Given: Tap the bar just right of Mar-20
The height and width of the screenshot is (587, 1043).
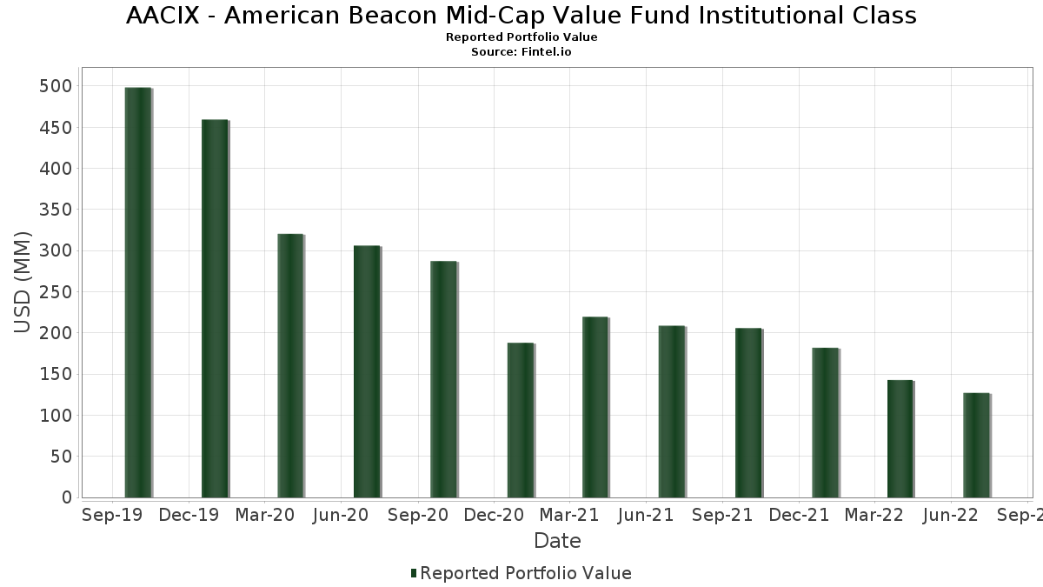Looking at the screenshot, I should pyautogui.click(x=290, y=365).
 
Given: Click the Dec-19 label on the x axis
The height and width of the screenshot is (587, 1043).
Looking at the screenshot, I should pyautogui.click(x=188, y=515).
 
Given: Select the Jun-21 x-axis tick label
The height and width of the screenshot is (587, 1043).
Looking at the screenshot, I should pyautogui.click(x=646, y=515).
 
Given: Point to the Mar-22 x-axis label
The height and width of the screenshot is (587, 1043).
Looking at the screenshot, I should pyautogui.click(x=874, y=515).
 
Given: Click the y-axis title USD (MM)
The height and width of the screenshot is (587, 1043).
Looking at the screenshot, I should pyautogui.click(x=23, y=282).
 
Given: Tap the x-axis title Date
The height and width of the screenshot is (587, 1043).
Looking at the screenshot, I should pyautogui.click(x=557, y=541).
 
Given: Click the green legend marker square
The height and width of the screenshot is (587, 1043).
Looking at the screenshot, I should pyautogui.click(x=414, y=573).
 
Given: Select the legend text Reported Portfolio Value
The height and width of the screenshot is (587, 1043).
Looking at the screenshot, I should pyautogui.click(x=526, y=573).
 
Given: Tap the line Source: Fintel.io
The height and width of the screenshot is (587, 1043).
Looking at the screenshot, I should pyautogui.click(x=521, y=52).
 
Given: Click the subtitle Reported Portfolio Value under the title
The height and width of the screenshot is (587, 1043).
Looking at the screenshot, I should pyautogui.click(x=521, y=37).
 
